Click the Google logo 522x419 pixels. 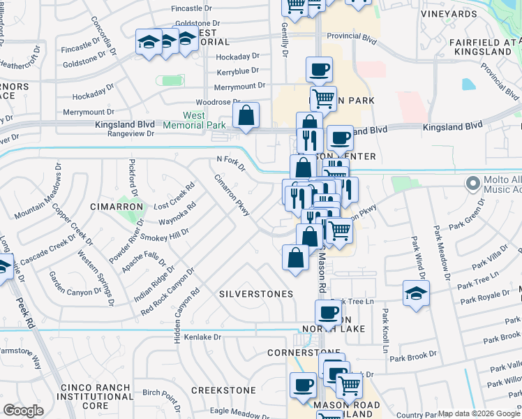24,411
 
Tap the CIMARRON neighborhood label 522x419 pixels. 117,207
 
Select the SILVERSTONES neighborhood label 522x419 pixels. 256,294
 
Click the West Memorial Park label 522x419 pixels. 204,120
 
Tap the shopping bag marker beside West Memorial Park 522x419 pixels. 246,116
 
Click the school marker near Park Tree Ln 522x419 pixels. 416,294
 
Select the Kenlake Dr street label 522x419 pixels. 202,337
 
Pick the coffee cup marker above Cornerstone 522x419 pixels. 328,312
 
